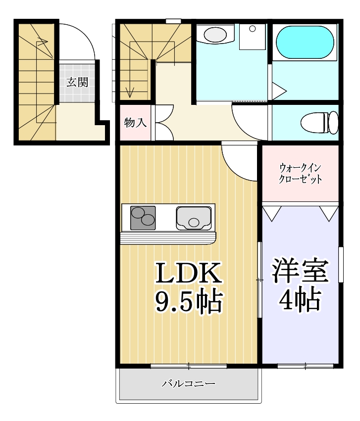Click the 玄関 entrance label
[x=77, y=82]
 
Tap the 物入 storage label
[x=135, y=123]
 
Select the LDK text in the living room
[x=188, y=274]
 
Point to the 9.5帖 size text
[x=188, y=301]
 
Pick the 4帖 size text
[x=300, y=299]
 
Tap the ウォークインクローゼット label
[x=301, y=173]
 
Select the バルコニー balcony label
[x=188, y=383]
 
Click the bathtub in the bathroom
[x=305, y=43]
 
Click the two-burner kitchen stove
[x=143, y=218]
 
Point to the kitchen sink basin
[x=193, y=218]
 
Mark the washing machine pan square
[x=253, y=36]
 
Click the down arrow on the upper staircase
[x=131, y=92]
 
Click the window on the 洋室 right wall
[x=341, y=264]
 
